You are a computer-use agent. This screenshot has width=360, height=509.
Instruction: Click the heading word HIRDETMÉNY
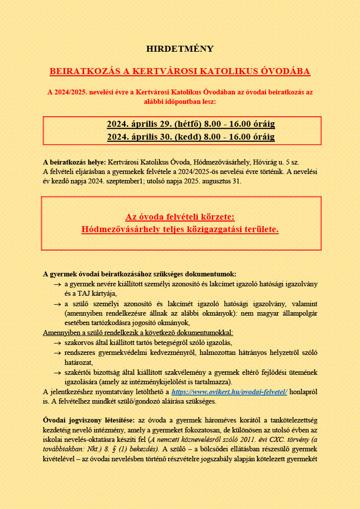pos(180,49)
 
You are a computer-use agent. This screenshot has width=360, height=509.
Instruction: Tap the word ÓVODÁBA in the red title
pos(285,72)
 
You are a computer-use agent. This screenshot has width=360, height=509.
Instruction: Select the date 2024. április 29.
pos(139,124)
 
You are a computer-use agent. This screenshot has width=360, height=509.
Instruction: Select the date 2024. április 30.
pos(139,137)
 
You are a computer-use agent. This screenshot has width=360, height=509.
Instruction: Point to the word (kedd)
pos(187,137)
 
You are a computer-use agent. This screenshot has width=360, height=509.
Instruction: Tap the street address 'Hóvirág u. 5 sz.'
pos(276,163)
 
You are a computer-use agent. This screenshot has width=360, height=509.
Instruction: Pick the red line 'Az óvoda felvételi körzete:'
pos(180,217)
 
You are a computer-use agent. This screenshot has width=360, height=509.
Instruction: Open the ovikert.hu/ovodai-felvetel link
pos(229,392)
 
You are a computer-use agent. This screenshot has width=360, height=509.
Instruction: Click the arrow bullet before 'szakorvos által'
pos(57,343)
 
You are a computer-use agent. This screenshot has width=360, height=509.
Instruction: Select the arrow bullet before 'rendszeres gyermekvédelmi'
pos(57,353)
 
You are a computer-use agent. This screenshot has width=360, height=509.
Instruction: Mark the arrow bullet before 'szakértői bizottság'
pos(57,372)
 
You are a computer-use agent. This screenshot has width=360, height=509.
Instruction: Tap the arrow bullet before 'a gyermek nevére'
pos(57,284)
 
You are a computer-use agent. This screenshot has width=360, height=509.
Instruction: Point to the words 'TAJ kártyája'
pos(94,294)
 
